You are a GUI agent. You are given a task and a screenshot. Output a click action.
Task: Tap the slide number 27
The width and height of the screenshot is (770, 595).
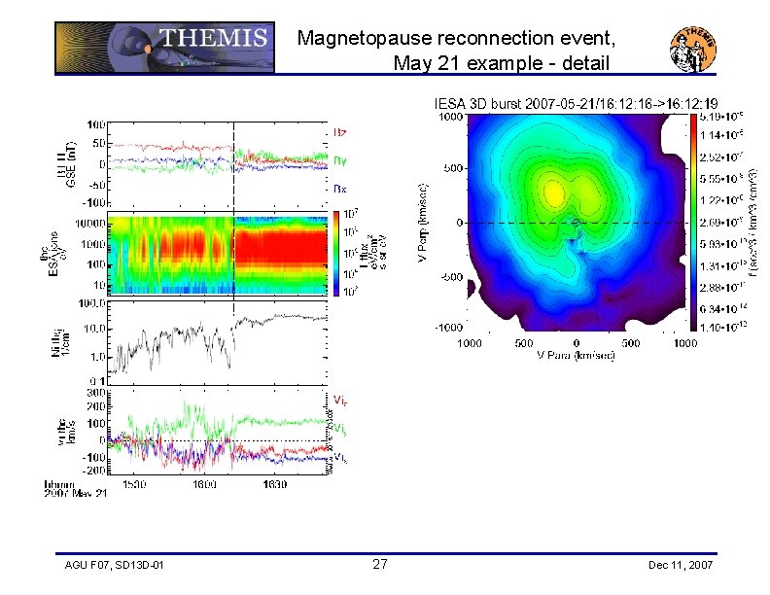pos(380,565)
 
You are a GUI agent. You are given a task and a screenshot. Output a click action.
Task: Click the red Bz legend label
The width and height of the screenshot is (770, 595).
pos(340,131)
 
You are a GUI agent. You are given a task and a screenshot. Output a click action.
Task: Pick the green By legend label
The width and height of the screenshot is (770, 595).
pos(340,159)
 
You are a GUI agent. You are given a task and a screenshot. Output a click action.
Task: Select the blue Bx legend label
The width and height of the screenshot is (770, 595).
pos(340,189)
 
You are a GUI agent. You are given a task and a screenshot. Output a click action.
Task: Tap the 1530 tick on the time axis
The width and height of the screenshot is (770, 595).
pos(134,483)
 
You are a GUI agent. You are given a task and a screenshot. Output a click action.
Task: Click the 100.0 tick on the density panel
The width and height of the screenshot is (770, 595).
pos(93,304)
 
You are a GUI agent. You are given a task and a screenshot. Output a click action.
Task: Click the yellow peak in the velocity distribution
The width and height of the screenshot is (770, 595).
pos(553,194)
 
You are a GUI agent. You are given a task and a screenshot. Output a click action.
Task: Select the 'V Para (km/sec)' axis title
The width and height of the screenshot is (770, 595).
pos(576,355)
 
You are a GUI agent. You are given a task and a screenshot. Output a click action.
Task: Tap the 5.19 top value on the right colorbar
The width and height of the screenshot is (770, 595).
pos(721,116)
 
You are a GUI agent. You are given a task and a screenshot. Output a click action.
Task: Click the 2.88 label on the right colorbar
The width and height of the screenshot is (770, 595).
pos(721,289)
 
